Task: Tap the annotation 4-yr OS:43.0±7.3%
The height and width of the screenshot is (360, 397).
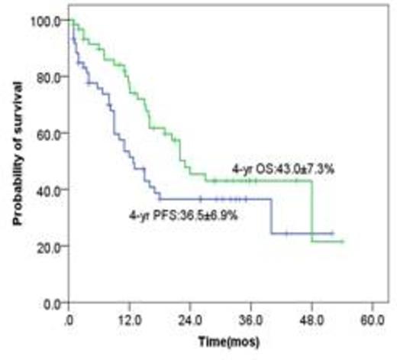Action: (x=279, y=167)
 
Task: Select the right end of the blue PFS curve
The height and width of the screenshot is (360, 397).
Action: (x=332, y=232)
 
